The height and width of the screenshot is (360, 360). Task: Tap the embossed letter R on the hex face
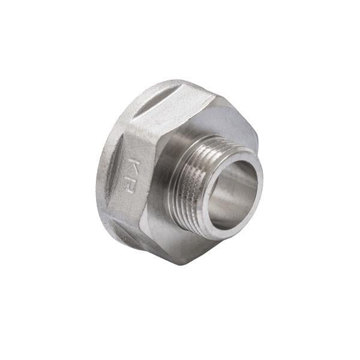point(128,184)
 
